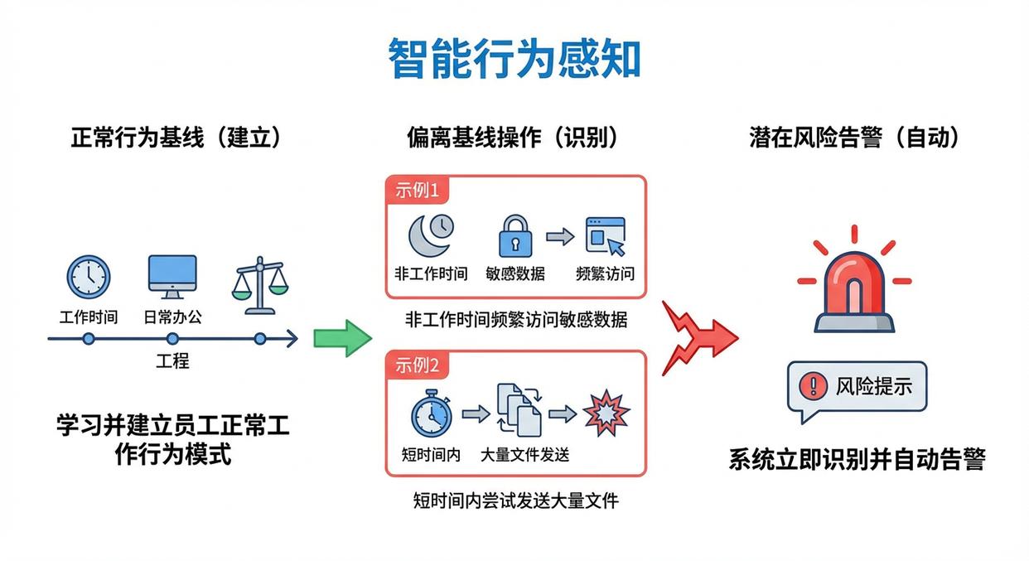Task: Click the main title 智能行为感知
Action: [x=514, y=59]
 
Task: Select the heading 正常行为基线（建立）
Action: [x=176, y=138]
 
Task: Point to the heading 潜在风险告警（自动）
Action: [x=855, y=138]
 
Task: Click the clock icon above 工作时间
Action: [x=88, y=276]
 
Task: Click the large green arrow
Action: [x=343, y=338]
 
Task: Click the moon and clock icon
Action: [x=431, y=235]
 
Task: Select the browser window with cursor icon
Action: [x=605, y=236]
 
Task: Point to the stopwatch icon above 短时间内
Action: [x=431, y=413]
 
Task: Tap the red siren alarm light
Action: [x=854, y=286]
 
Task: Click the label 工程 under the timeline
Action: [x=172, y=360]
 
